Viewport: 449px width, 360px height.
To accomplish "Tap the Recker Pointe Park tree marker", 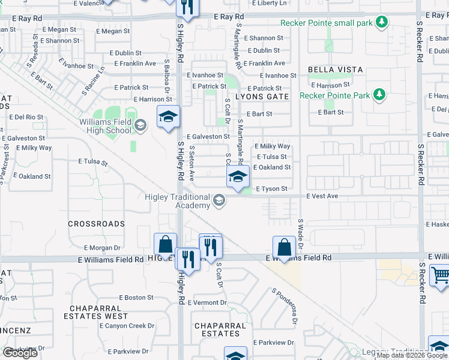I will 379,95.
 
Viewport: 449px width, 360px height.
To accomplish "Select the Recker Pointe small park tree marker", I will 381,23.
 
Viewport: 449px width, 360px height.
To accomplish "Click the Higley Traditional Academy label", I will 177,201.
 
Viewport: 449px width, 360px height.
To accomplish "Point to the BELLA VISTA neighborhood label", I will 335,70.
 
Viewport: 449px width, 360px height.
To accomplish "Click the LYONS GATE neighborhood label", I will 262,96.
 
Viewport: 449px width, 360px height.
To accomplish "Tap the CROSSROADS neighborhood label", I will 96,224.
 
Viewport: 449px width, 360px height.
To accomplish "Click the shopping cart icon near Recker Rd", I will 440,275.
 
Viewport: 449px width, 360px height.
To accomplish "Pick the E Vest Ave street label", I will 323,196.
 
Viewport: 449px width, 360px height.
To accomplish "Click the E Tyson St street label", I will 272,189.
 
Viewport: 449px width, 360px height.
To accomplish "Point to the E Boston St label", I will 136,298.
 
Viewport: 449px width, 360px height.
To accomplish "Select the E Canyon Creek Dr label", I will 127,326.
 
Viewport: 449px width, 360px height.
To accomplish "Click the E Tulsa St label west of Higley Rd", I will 92,162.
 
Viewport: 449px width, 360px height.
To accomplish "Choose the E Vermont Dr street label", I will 207,302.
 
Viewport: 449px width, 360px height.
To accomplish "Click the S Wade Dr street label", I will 301,233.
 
